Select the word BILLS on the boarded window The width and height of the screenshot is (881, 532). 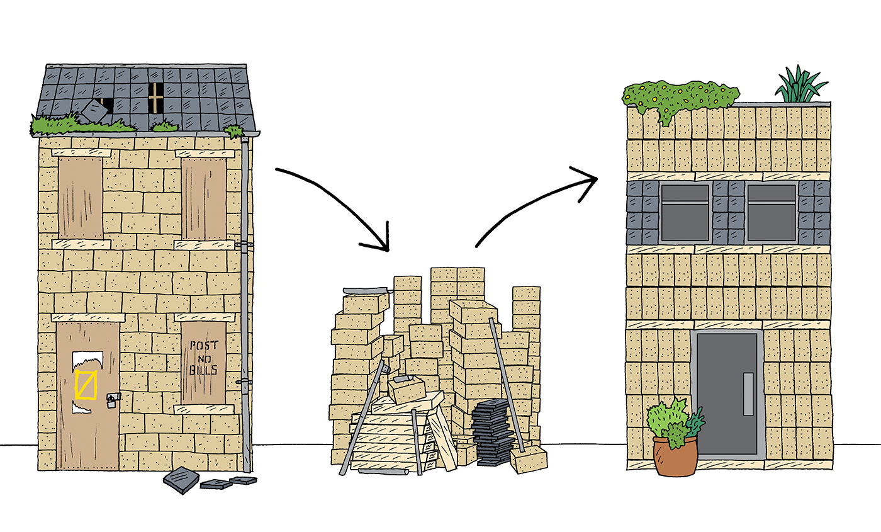[x=203, y=370]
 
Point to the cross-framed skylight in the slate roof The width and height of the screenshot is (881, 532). [x=155, y=98]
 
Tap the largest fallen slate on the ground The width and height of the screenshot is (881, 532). [x=181, y=480]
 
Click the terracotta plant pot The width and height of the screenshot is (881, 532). [x=675, y=456]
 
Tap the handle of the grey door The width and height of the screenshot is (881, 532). [x=748, y=393]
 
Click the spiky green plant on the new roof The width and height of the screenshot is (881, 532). [x=800, y=85]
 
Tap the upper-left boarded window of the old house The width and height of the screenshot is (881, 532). [x=80, y=196]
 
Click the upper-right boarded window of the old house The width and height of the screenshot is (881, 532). [x=203, y=198]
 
